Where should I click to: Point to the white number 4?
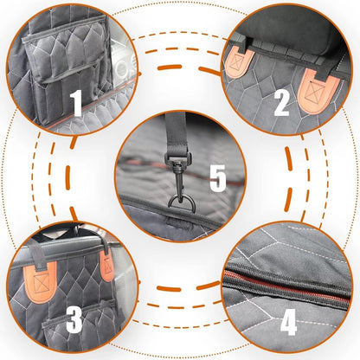(x=288, y=323)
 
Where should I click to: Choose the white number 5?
(x=217, y=180)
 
